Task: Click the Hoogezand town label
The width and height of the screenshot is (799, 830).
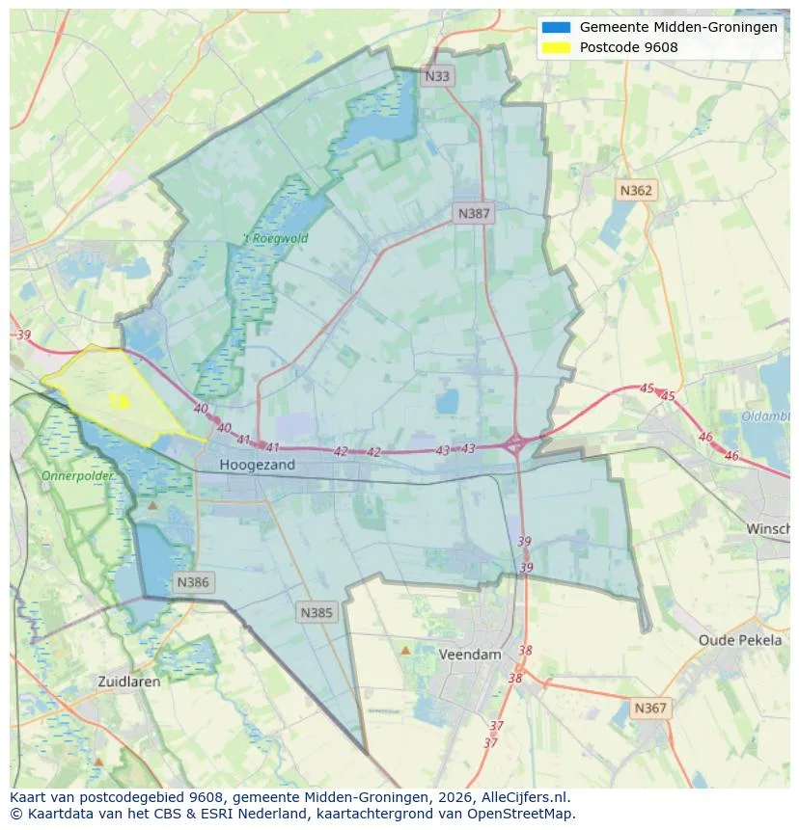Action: click(257, 465)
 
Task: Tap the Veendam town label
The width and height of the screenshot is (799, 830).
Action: click(470, 654)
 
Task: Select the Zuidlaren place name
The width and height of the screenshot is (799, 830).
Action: click(129, 681)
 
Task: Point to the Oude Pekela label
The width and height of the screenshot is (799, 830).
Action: click(740, 640)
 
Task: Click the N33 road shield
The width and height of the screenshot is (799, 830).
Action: click(437, 75)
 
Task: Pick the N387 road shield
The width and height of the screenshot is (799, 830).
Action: click(474, 213)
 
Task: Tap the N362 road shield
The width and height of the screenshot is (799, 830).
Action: click(636, 190)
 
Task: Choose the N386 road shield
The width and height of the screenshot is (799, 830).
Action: click(193, 582)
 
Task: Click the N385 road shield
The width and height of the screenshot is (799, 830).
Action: click(317, 612)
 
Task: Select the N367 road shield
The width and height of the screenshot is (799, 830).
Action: click(650, 708)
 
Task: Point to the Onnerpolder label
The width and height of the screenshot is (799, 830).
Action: click(77, 476)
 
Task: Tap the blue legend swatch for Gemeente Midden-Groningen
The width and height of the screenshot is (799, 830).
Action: click(557, 27)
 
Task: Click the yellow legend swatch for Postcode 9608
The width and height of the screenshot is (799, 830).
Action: click(557, 47)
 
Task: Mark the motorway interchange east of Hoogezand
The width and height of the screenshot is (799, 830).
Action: click(515, 444)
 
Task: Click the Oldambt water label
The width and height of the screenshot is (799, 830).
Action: click(765, 416)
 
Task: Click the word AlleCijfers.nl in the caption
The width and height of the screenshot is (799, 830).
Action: click(522, 797)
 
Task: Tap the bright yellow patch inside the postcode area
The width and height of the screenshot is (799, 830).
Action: click(120, 400)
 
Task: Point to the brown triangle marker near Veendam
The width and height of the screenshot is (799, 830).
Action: click(405, 651)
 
